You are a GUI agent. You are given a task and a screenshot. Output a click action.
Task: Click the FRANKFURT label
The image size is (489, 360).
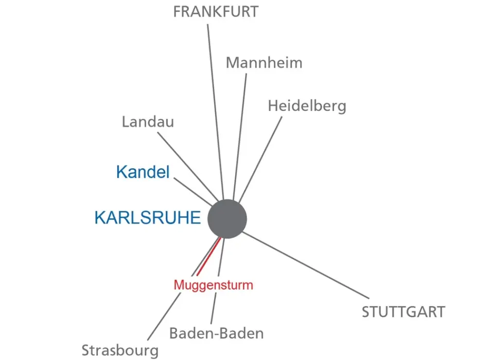click(216, 12)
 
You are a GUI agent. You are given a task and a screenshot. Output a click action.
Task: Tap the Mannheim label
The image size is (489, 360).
click(264, 63)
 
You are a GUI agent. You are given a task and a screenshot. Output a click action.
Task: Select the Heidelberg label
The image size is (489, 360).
click(307, 106)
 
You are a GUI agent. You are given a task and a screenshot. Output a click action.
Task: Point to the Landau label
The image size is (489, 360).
click(148, 122)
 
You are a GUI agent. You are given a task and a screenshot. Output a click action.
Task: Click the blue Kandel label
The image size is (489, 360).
click(143, 172)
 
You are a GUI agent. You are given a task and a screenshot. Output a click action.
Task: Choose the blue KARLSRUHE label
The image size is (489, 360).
click(147, 218)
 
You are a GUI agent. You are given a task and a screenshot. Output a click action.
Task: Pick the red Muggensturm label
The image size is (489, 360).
click(213, 284)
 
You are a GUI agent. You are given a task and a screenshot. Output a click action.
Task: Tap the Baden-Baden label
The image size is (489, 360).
click(216, 333)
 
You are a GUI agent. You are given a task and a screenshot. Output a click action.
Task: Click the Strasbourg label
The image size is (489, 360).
click(120, 351)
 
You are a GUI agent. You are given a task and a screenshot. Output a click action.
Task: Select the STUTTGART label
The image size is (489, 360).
click(403, 312)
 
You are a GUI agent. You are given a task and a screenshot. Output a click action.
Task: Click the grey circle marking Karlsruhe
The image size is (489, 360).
click(227, 219)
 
